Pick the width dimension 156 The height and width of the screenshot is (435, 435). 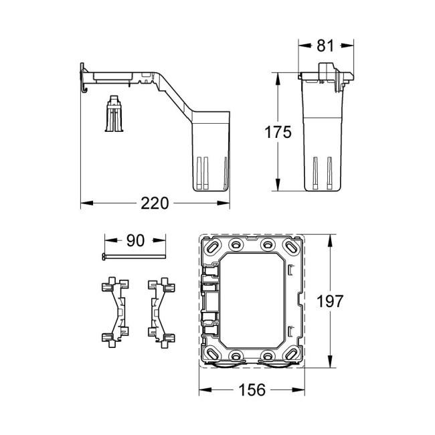point(251,390)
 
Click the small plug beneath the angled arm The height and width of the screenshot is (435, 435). point(114,115)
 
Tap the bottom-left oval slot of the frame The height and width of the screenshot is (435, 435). point(213,353)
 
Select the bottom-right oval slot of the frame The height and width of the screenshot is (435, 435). point(292,353)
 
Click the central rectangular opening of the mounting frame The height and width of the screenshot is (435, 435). point(253,299)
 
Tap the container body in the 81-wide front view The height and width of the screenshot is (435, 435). point(324,144)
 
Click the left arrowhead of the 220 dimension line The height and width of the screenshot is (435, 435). point(84,203)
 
